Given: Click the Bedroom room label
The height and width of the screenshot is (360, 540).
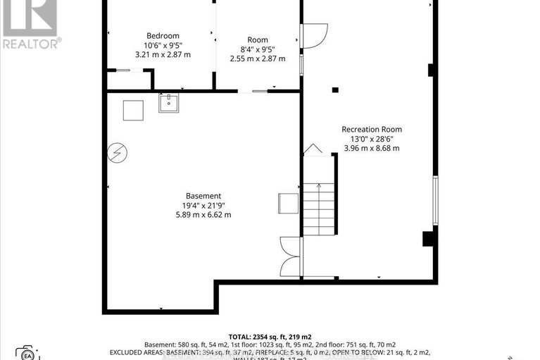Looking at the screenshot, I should tap(163, 36).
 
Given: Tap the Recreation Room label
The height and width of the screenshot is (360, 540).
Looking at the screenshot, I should tap(372, 129).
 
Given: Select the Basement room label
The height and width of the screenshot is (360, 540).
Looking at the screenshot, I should tap(203, 196).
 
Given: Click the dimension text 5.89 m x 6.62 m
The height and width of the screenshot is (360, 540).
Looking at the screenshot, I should tap(203, 215).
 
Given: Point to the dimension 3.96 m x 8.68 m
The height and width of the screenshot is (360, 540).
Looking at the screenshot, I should tap(372, 148).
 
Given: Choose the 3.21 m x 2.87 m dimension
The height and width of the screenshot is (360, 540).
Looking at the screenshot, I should tap(163, 54).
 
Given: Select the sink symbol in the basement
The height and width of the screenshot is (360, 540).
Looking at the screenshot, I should tap(168, 103).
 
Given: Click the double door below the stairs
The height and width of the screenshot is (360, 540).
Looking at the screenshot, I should tap(290, 256).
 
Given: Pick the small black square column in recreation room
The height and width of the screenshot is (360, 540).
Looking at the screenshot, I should tap(335, 89).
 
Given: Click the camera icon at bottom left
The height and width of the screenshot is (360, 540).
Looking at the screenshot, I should tap(27, 352).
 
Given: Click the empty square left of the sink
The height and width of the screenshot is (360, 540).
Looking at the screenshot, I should tap(133, 110).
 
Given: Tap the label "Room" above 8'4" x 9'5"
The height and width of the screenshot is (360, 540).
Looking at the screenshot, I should tap(258, 39).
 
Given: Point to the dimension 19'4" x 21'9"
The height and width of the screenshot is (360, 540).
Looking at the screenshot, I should tap(203, 206).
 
